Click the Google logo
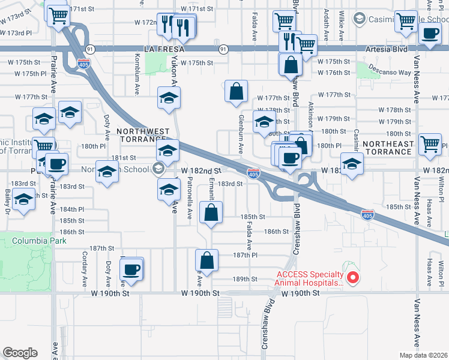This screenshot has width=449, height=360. [20, 353]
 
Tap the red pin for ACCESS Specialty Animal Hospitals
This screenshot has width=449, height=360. [354, 277]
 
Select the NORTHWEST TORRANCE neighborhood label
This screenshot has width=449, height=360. [140, 135]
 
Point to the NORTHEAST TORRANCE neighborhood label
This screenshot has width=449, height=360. [388, 148]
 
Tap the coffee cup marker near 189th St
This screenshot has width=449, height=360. [131, 268]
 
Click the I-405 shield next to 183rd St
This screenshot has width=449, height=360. [254, 175]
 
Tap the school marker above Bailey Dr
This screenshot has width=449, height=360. [24, 200]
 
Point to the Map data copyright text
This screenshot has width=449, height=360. [423, 355]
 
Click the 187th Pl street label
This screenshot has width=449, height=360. [245, 255]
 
